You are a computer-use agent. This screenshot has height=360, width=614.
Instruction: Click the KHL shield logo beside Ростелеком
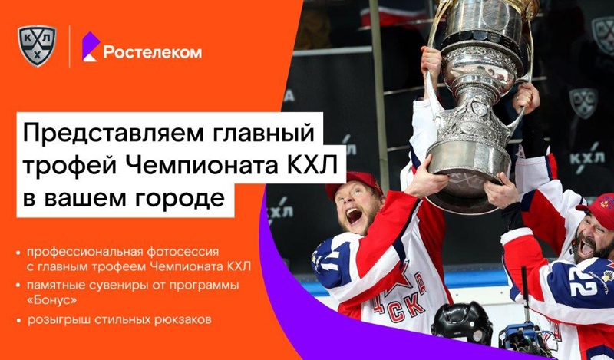pyautogui.click(x=37, y=46)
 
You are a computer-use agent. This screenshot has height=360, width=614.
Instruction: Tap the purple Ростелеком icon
pyautogui.click(x=90, y=47)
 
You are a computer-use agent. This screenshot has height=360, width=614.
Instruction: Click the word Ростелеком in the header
pyautogui.click(x=153, y=52)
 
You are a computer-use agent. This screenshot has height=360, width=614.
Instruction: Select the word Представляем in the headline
pyautogui.click(x=114, y=134)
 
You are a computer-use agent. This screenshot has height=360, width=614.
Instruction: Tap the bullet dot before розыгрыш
pyautogui.click(x=18, y=320)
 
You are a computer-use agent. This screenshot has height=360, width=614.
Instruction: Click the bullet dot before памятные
pyautogui.click(x=18, y=286)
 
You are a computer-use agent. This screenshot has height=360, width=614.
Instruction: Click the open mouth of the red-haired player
pyautogui.click(x=354, y=215)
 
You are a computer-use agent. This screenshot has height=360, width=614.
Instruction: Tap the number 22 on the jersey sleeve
pyautogui.click(x=583, y=287)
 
